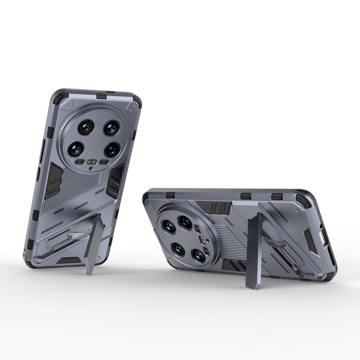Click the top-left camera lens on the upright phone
click(86, 127)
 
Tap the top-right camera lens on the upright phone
click(112, 128)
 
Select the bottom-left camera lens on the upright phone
click(76, 149)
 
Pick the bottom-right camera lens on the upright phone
click(112, 150)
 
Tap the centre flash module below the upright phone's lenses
click(92, 162)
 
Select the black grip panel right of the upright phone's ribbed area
click(115, 181)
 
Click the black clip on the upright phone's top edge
click(101, 96)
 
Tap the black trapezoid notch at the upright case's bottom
click(68, 261)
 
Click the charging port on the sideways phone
click(323, 239)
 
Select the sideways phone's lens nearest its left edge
click(168, 227)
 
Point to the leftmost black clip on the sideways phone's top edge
click(170, 195)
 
